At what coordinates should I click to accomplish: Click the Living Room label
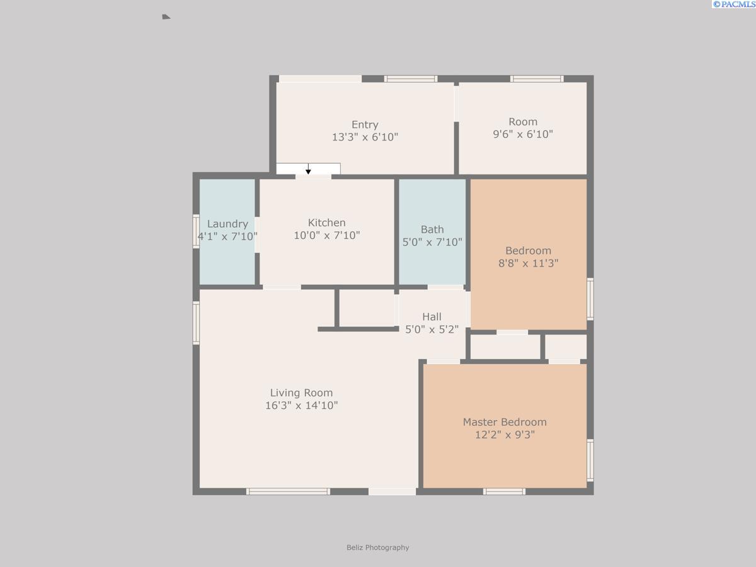(301, 392)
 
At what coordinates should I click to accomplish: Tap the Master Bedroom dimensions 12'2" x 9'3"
(505, 435)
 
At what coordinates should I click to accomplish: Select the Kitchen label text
(326, 222)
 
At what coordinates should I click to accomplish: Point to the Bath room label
(432, 229)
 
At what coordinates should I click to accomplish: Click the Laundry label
(227, 224)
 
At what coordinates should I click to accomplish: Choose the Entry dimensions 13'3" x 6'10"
(365, 137)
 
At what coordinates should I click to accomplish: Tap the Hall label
(432, 316)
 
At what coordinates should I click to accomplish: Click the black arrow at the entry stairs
(308, 169)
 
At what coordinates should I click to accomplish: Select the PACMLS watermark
(733, 4)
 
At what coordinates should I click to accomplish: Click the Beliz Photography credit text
(377, 547)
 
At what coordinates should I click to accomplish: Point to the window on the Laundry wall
(196, 232)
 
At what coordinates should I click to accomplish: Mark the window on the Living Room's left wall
(196, 323)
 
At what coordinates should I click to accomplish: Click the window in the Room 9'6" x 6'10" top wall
(536, 79)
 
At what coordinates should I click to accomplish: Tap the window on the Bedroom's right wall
(590, 299)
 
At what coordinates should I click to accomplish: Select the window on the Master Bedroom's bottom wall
(504, 491)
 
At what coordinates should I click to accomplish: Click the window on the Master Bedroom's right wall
(590, 461)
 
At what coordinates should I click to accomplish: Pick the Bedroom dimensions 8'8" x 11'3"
(528, 263)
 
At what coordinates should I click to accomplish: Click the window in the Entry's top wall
(411, 79)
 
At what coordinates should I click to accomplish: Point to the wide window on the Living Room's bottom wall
(288, 491)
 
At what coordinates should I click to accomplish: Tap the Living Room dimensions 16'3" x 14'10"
(301, 405)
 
